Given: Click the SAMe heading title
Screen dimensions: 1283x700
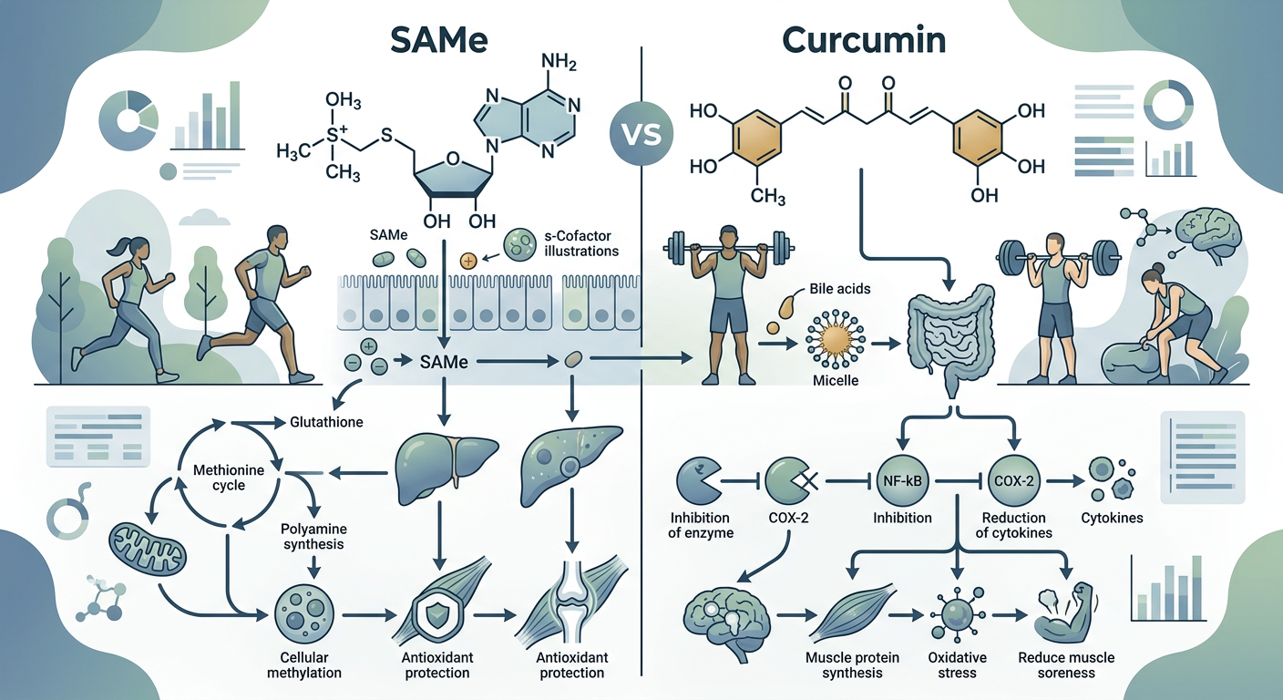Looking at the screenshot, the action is pos(438,41).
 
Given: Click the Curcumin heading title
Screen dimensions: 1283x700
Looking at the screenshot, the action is pos(864,41).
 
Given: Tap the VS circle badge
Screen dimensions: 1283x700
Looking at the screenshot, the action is pos(642,135).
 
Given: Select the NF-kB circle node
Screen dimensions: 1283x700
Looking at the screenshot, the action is pos(902,481).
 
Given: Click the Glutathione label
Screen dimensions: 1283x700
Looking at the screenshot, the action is pos(326,422).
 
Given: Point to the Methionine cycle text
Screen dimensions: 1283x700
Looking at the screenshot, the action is pos(229,478).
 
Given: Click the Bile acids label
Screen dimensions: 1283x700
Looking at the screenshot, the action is pos(839,289).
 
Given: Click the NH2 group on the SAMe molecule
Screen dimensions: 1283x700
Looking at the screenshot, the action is pos(559,61).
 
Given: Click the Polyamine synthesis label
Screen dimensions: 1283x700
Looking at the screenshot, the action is pos(313,536).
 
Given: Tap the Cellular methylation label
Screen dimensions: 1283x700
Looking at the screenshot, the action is pos(304,665).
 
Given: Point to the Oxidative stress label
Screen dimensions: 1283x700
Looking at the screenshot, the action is pos(957,665).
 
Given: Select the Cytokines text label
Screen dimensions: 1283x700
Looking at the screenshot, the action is pos(1112,518).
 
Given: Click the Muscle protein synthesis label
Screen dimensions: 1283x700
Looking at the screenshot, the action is pos(852,665).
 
